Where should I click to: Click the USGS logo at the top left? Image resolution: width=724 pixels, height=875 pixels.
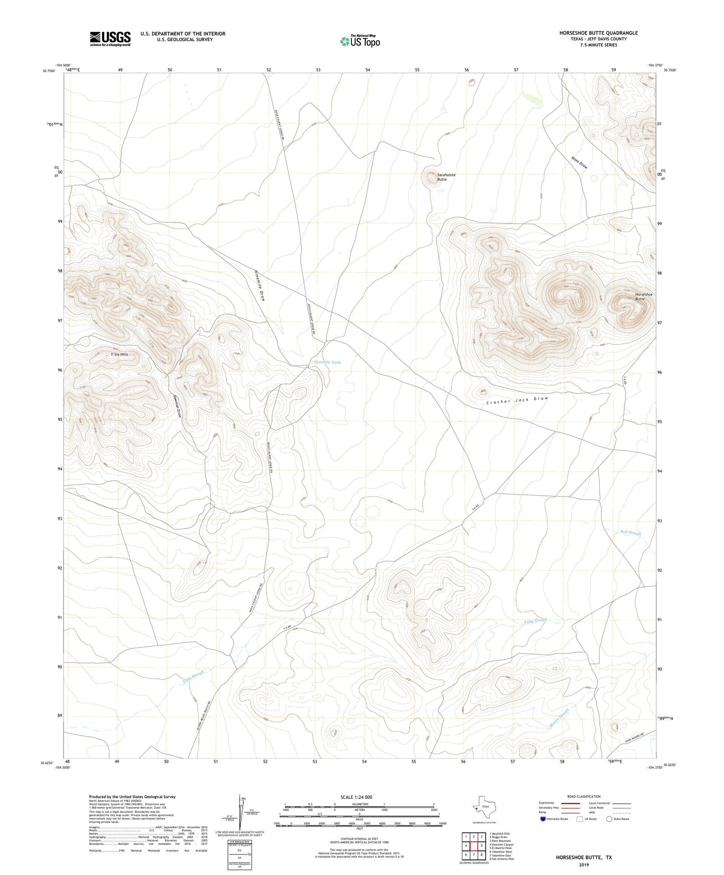[110, 39]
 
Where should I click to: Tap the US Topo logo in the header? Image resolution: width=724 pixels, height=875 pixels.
[360, 41]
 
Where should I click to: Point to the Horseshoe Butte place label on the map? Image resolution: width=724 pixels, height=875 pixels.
[643, 297]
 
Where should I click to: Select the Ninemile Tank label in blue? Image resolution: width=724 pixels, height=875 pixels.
[327, 362]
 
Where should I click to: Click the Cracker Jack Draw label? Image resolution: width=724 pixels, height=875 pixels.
[517, 400]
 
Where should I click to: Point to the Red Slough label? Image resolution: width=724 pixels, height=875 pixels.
[630, 532]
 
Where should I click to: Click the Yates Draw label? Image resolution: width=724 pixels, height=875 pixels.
[579, 163]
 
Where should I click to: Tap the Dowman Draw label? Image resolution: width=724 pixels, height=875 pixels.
[177, 406]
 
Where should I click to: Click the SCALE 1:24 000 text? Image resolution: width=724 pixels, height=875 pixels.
[356, 797]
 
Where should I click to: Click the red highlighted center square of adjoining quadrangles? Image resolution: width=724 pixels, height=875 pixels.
[473, 846]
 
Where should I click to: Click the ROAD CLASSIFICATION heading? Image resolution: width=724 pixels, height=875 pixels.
[583, 796]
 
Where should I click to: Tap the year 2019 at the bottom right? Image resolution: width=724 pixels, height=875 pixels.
[583, 864]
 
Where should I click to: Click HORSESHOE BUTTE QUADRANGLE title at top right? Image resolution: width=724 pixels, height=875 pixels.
[598, 33]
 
